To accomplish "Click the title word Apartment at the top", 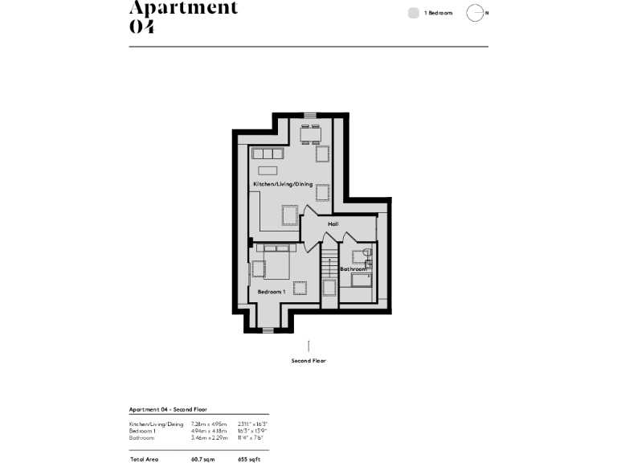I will (184, 8).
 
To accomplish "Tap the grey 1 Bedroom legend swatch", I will (413, 13).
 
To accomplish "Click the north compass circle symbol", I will (475, 13).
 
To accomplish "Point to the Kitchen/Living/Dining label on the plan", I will (282, 185).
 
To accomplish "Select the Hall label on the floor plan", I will (333, 223).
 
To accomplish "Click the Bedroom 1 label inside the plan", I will (271, 292).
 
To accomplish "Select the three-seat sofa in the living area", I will (268, 154).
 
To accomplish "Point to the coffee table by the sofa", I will (268, 170).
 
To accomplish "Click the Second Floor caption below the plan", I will (308, 361).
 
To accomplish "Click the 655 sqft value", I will (249, 459).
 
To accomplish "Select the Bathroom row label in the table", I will (143, 437).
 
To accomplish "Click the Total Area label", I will (144, 459).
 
